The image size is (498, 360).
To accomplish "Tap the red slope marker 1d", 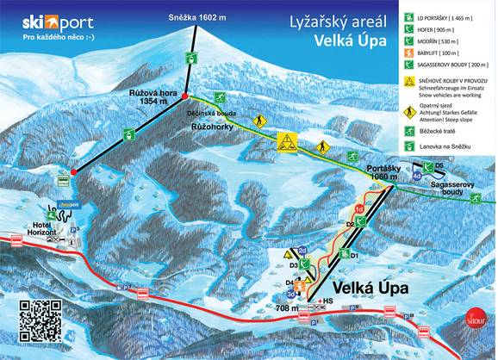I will pyautogui.click(x=358, y=209).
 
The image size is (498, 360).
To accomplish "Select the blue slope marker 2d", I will pyautogui.click(x=302, y=251).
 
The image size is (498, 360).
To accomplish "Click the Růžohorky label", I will pyautogui.click(x=210, y=124).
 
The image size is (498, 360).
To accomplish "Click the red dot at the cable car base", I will pyautogui.click(x=73, y=171).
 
